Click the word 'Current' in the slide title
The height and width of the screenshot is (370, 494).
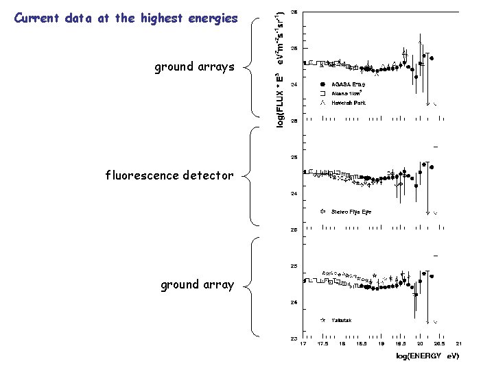pos(36,18)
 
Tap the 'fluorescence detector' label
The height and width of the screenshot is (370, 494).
pos(169,175)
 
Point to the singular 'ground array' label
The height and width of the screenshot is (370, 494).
pos(197,284)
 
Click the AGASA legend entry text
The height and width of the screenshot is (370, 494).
pos(349,84)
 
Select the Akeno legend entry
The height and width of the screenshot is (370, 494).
pos(349,93)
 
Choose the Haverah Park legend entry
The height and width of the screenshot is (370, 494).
pos(349,103)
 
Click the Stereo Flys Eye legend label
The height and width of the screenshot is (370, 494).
pos(351,212)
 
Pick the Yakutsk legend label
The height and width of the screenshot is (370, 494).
pos(342,320)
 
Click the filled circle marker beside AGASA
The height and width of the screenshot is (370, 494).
pos(322,84)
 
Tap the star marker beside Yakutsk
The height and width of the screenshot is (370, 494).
pos(322,320)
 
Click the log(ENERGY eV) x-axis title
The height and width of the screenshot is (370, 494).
pos(427,356)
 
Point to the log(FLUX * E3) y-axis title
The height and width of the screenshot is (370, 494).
pos(280,65)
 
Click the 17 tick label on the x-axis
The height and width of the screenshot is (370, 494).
pos(303,345)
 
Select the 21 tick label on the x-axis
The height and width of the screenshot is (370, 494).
pos(459,345)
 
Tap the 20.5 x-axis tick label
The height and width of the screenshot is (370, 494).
pos(439,345)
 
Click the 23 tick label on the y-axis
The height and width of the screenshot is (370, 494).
pos(294,338)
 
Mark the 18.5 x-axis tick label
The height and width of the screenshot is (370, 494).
pos(361,345)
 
